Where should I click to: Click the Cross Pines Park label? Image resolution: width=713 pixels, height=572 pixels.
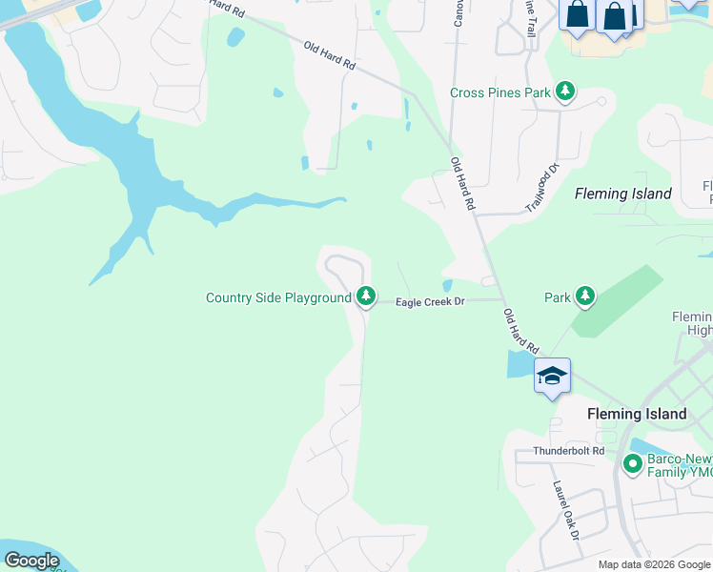[x=500, y=92]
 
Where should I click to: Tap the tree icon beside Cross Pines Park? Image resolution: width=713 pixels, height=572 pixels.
[x=566, y=92]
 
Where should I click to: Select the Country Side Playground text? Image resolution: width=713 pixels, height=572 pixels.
[x=278, y=298]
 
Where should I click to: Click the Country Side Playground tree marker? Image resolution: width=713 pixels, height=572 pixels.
[x=365, y=297]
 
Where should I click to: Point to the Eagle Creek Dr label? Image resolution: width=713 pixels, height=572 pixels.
[x=430, y=302]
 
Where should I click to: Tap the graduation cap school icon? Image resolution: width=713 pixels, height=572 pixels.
[x=552, y=377]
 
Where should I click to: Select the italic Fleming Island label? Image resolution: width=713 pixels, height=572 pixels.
[x=623, y=194]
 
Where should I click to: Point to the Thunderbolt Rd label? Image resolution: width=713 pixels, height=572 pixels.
[x=569, y=451]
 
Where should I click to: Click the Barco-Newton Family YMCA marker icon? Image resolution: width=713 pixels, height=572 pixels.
[x=631, y=464]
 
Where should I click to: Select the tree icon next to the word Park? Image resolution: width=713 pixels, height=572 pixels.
[x=585, y=296]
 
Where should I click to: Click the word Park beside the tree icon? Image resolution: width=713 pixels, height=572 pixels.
[x=558, y=297]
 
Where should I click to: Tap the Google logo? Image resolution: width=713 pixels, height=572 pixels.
[x=31, y=561]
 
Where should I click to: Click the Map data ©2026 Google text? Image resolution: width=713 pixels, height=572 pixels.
[x=654, y=564]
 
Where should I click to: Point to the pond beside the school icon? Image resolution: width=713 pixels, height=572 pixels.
[x=520, y=363]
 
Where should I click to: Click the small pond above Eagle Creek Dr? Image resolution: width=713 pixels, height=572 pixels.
[x=447, y=285]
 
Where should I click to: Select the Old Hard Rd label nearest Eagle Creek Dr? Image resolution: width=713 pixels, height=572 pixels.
[x=520, y=331]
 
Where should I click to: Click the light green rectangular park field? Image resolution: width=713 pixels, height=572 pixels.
[x=617, y=300]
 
